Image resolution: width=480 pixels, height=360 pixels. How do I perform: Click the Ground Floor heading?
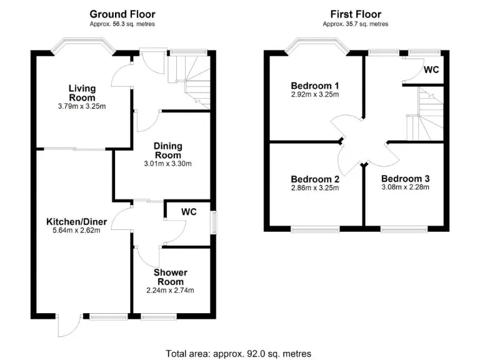coord(122,14)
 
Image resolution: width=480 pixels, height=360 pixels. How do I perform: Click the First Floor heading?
coord(355,14)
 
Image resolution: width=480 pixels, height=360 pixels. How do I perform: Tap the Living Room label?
coord(82,93)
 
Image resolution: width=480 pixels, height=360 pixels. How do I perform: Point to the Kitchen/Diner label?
coord(77,221)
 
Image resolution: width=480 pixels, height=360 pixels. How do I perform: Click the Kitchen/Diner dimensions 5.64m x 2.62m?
coord(77,231)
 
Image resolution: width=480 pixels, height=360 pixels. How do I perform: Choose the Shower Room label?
coord(170,277)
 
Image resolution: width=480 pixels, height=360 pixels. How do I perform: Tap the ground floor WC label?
coord(189,212)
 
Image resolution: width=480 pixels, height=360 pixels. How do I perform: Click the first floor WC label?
coord(431,69)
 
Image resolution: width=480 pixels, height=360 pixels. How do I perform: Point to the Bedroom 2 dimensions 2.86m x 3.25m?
coord(315,188)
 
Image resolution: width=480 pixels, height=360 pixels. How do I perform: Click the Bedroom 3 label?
coord(405,178)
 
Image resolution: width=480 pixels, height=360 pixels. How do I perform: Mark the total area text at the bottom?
coord(238,353)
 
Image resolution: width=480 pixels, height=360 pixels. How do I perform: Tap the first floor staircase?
coord(425,116)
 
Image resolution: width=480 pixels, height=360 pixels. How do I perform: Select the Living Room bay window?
coord(82,46)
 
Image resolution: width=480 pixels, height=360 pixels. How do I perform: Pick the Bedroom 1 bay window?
coord(316,46)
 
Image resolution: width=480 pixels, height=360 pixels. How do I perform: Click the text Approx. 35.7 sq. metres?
coord(355,24)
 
